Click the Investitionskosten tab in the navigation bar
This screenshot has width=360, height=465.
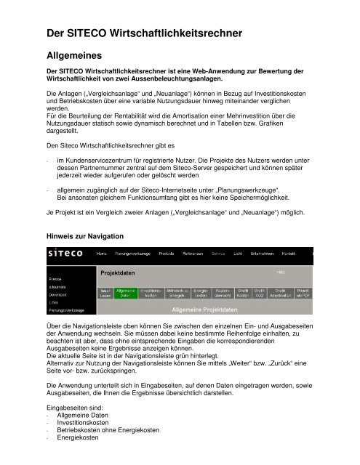point(151,292)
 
